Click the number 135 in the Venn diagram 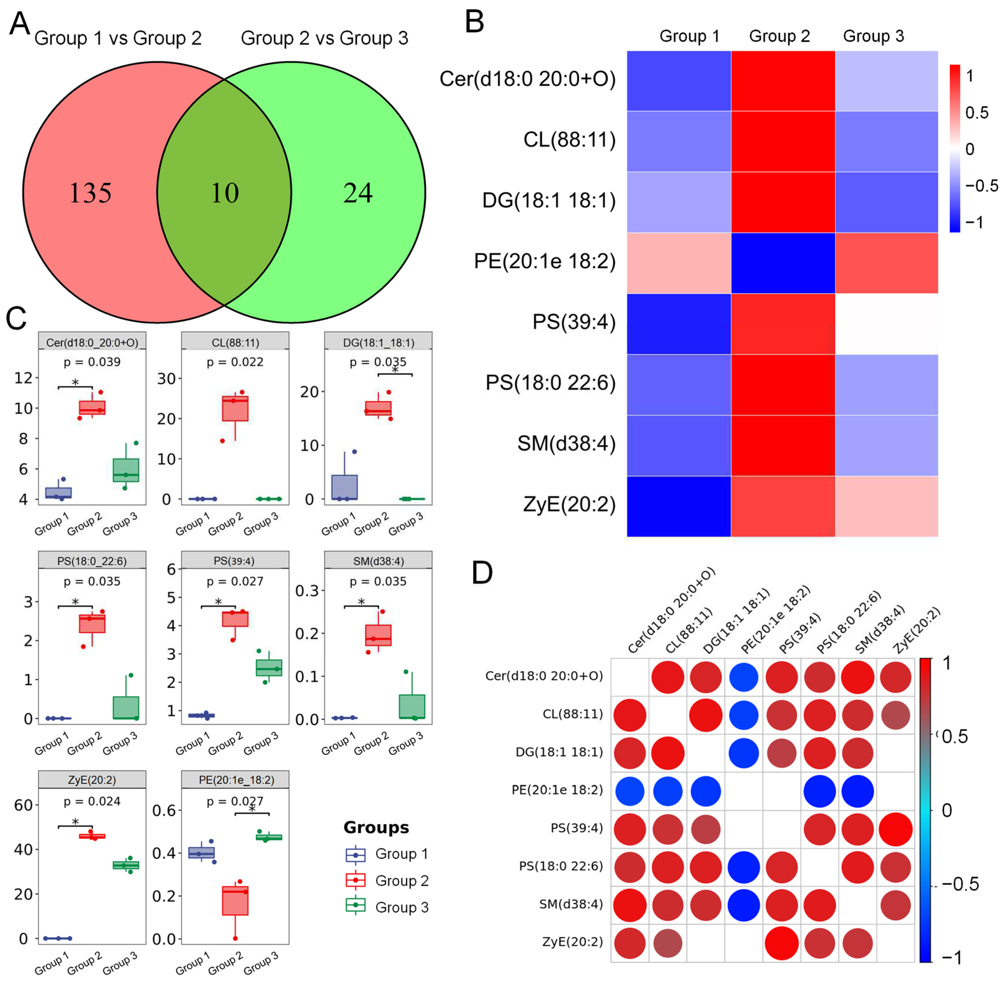click(90, 193)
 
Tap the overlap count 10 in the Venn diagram click(225, 193)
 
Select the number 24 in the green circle click(358, 193)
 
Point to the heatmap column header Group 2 click(779, 36)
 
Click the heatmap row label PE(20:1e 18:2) click(544, 262)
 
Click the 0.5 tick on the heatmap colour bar click(976, 113)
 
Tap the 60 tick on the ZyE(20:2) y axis click(23, 805)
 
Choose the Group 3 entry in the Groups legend click(387, 907)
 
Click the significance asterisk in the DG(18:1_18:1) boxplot click(395, 370)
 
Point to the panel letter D click(482, 573)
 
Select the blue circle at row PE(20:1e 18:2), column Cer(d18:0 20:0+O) click(630, 791)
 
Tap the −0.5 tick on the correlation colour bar click(960, 884)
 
